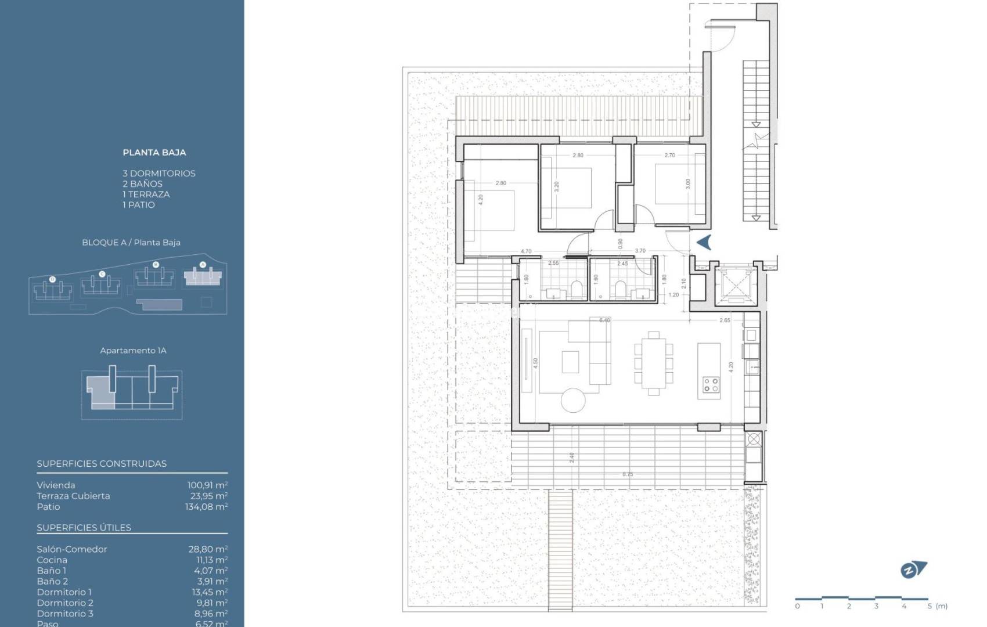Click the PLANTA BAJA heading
point(154,153)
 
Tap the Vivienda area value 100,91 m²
point(207,485)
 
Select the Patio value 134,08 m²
point(206,507)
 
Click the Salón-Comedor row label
point(72,549)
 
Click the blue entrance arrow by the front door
point(704,242)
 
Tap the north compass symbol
point(913,570)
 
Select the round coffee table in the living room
point(573,400)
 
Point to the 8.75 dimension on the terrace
point(628,474)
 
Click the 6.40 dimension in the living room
point(604,320)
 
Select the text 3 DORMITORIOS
point(159,174)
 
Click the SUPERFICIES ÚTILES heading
point(84,528)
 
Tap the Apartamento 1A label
point(133,351)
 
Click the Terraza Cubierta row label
point(73,496)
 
